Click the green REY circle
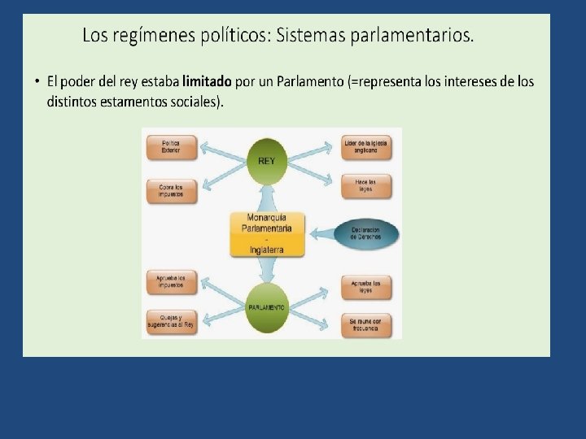coord(267,161)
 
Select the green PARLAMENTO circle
coord(267,308)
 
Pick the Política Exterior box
coord(171,147)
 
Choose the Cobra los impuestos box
coord(171,190)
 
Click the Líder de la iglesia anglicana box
coord(366,147)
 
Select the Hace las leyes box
coord(366,185)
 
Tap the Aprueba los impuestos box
coord(171,282)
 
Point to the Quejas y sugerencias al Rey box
coord(171,323)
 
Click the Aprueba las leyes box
coord(366,285)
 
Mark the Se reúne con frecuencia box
coord(366,324)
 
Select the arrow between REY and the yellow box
coord(265,197)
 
